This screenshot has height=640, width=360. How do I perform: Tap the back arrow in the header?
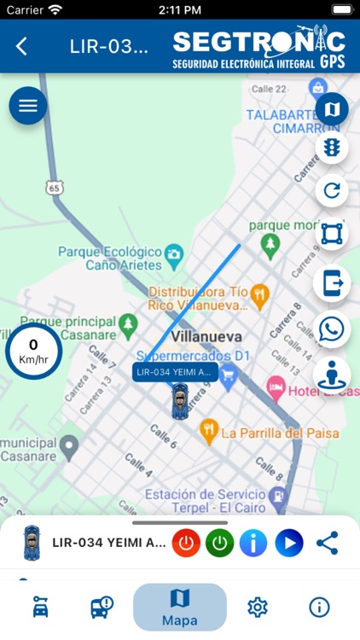[22, 47]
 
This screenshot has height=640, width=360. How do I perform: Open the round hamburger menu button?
[28, 106]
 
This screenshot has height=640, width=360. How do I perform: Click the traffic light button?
[331, 148]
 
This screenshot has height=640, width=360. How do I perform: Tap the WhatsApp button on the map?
[331, 329]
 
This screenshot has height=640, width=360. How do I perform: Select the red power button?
[186, 543]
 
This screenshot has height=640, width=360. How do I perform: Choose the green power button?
[219, 543]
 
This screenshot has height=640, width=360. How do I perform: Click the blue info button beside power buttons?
[253, 543]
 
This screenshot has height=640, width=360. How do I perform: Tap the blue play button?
[289, 543]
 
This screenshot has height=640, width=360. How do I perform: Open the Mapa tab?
[180, 607]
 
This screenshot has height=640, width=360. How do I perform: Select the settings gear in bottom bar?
[257, 607]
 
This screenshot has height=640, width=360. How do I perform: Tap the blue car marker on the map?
[179, 401]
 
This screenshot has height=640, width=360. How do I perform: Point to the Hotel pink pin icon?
[276, 388]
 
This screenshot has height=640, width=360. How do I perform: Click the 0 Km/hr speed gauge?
[33, 351]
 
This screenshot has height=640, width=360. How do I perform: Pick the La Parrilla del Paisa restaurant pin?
[207, 431]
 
